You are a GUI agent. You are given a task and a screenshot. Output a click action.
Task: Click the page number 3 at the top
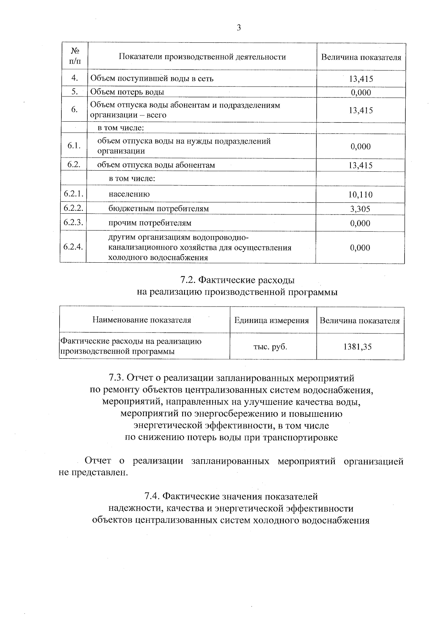[239, 28]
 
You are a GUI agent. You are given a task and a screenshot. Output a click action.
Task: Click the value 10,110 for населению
[360, 195]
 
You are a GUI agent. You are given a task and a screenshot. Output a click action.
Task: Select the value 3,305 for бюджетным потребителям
[360, 209]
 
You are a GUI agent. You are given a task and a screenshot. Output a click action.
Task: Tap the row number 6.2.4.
[73, 247]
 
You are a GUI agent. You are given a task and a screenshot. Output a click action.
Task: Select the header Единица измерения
[271, 321]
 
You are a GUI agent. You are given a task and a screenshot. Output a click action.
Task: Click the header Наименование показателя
[142, 320]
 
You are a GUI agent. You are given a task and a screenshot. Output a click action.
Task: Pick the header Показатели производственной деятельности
[202, 57]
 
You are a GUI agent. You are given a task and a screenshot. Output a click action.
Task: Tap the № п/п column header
[74, 56]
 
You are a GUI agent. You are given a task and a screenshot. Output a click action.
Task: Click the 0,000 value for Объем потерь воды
[361, 92]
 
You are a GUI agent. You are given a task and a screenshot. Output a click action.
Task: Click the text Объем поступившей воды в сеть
[151, 79]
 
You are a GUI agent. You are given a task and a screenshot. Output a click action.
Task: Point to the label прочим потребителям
[150, 223]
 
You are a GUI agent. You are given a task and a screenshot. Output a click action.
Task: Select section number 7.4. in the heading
[153, 497]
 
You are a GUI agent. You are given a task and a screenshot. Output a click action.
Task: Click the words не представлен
[94, 473]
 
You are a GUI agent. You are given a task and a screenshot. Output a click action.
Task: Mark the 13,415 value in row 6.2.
[360, 166]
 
